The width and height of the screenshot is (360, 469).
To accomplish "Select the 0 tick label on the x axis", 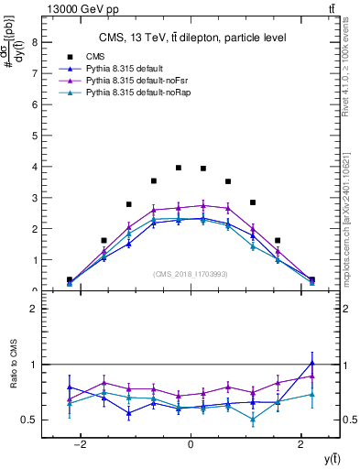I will pyautogui.click(x=191, y=444).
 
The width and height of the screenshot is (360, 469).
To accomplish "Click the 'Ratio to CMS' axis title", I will pyautogui.click(x=13, y=377).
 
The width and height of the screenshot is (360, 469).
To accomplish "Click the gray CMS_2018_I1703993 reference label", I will pyautogui.click(x=191, y=273).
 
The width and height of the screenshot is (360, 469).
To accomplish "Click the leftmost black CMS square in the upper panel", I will pyautogui.click(x=70, y=279).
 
